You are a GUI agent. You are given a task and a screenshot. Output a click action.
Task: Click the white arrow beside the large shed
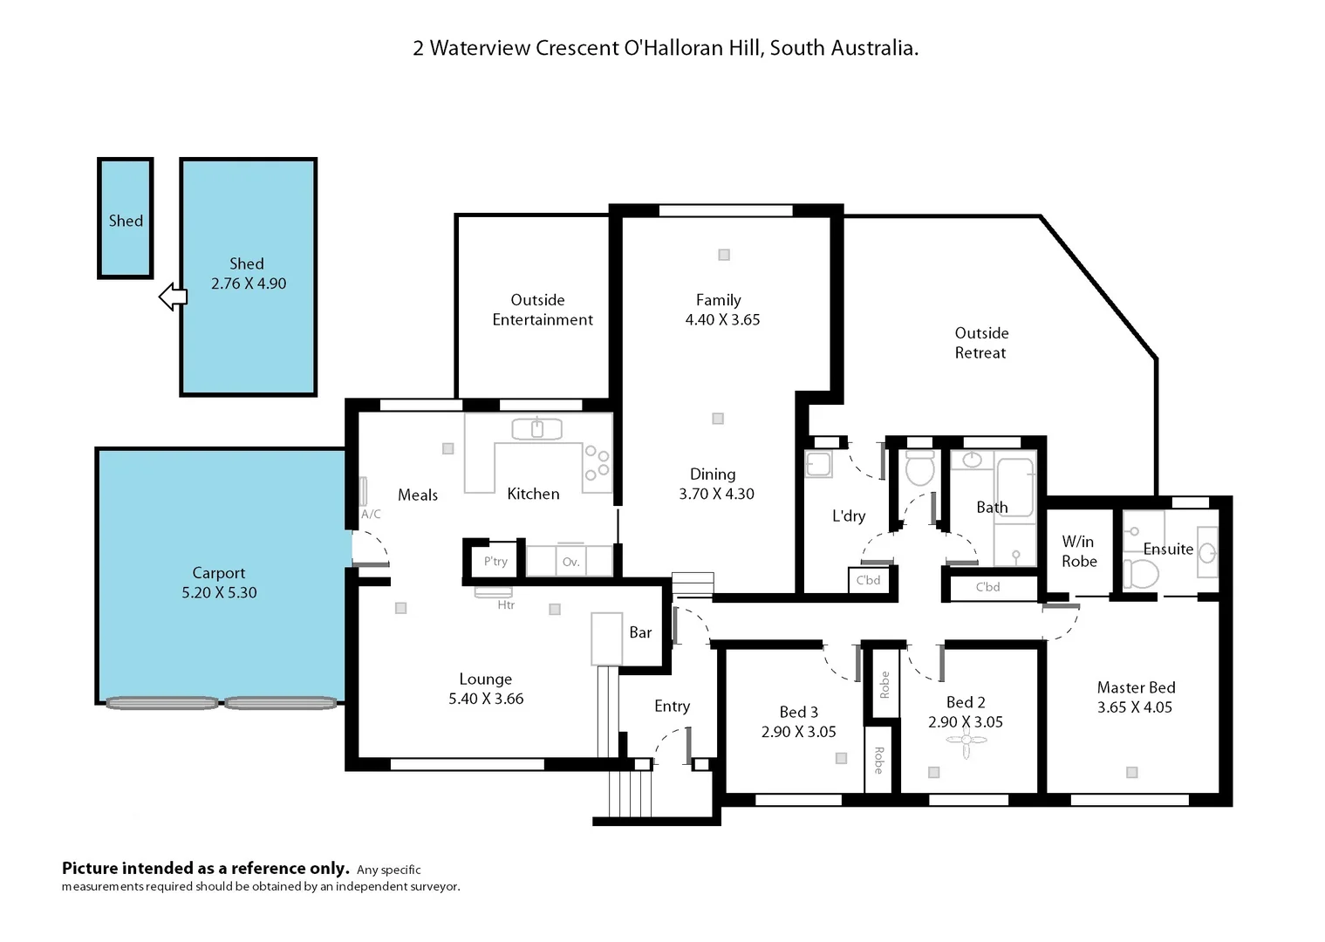tap(172, 297)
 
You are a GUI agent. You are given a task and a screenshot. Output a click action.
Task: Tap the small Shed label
tap(126, 221)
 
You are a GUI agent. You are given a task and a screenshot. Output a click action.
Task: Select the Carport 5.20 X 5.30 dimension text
tap(219, 592)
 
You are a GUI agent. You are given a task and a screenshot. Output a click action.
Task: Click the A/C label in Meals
tap(371, 514)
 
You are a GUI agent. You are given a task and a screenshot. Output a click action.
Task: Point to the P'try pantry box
tap(495, 561)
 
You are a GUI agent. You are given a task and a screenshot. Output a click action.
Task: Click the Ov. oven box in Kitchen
tap(570, 562)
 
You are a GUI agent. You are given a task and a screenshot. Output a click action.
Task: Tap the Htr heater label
tap(506, 604)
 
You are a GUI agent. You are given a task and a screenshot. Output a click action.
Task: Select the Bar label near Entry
tap(640, 632)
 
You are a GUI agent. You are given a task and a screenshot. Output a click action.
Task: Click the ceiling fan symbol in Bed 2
tap(966, 741)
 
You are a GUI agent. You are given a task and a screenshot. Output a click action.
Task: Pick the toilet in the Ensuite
tap(1139, 574)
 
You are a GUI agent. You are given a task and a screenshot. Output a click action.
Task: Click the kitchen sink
tap(536, 428)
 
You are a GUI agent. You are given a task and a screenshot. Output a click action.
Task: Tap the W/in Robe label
tap(1078, 551)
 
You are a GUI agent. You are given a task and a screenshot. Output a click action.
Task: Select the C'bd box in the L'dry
tap(868, 580)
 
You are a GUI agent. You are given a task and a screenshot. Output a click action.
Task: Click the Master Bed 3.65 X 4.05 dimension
tap(1134, 707)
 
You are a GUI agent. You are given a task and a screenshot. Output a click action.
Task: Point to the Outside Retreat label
tap(980, 343)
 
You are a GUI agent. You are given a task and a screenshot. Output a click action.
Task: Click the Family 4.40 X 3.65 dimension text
tap(722, 320)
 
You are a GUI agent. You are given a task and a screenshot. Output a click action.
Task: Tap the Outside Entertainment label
tap(542, 310)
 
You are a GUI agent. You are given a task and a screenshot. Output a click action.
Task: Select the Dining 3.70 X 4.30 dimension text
tap(716, 494)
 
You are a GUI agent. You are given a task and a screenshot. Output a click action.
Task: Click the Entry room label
tap(672, 706)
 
